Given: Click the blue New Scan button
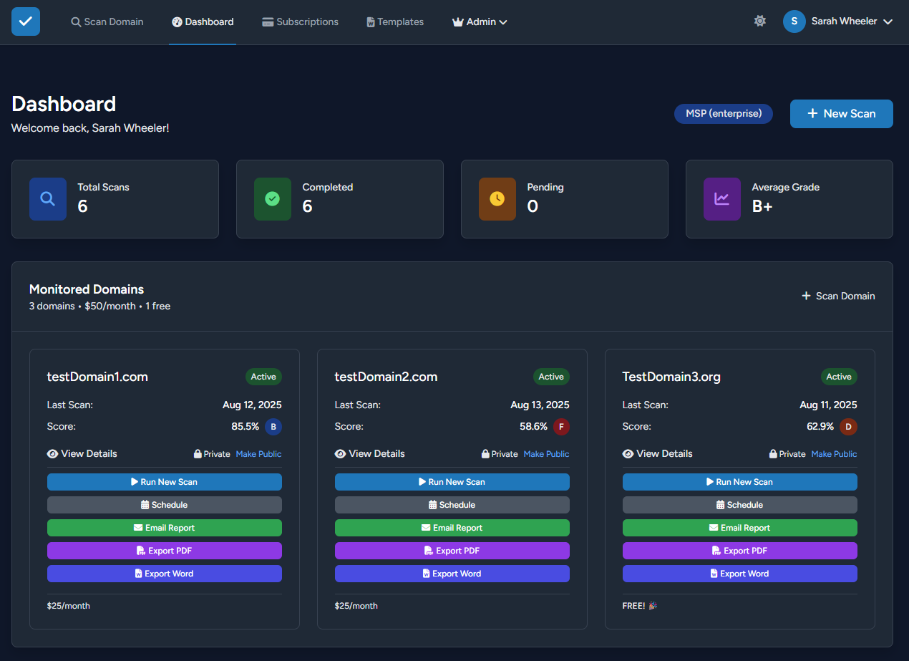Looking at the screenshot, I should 841,114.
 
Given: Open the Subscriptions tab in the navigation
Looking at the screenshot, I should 300,22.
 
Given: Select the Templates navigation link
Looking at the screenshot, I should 395,22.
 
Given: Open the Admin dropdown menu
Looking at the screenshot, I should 480,22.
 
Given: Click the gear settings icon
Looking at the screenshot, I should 760,21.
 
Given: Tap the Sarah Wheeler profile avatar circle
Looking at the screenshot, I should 794,21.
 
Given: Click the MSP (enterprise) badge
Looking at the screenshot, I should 723,113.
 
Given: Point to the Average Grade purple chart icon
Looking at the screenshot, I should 721,199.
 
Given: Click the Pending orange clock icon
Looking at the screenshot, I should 497,199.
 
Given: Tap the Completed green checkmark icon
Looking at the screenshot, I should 272,199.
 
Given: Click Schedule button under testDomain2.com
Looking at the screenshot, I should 452,505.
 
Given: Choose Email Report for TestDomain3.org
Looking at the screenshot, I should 739,528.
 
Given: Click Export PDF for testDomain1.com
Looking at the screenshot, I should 164,551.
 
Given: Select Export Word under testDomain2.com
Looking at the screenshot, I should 452,574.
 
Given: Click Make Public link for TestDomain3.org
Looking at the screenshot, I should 834,454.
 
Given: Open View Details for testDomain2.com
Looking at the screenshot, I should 370,453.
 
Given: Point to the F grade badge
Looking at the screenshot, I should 561,427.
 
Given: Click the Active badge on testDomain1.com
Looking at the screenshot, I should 263,377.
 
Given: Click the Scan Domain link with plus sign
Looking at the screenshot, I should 838,296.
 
